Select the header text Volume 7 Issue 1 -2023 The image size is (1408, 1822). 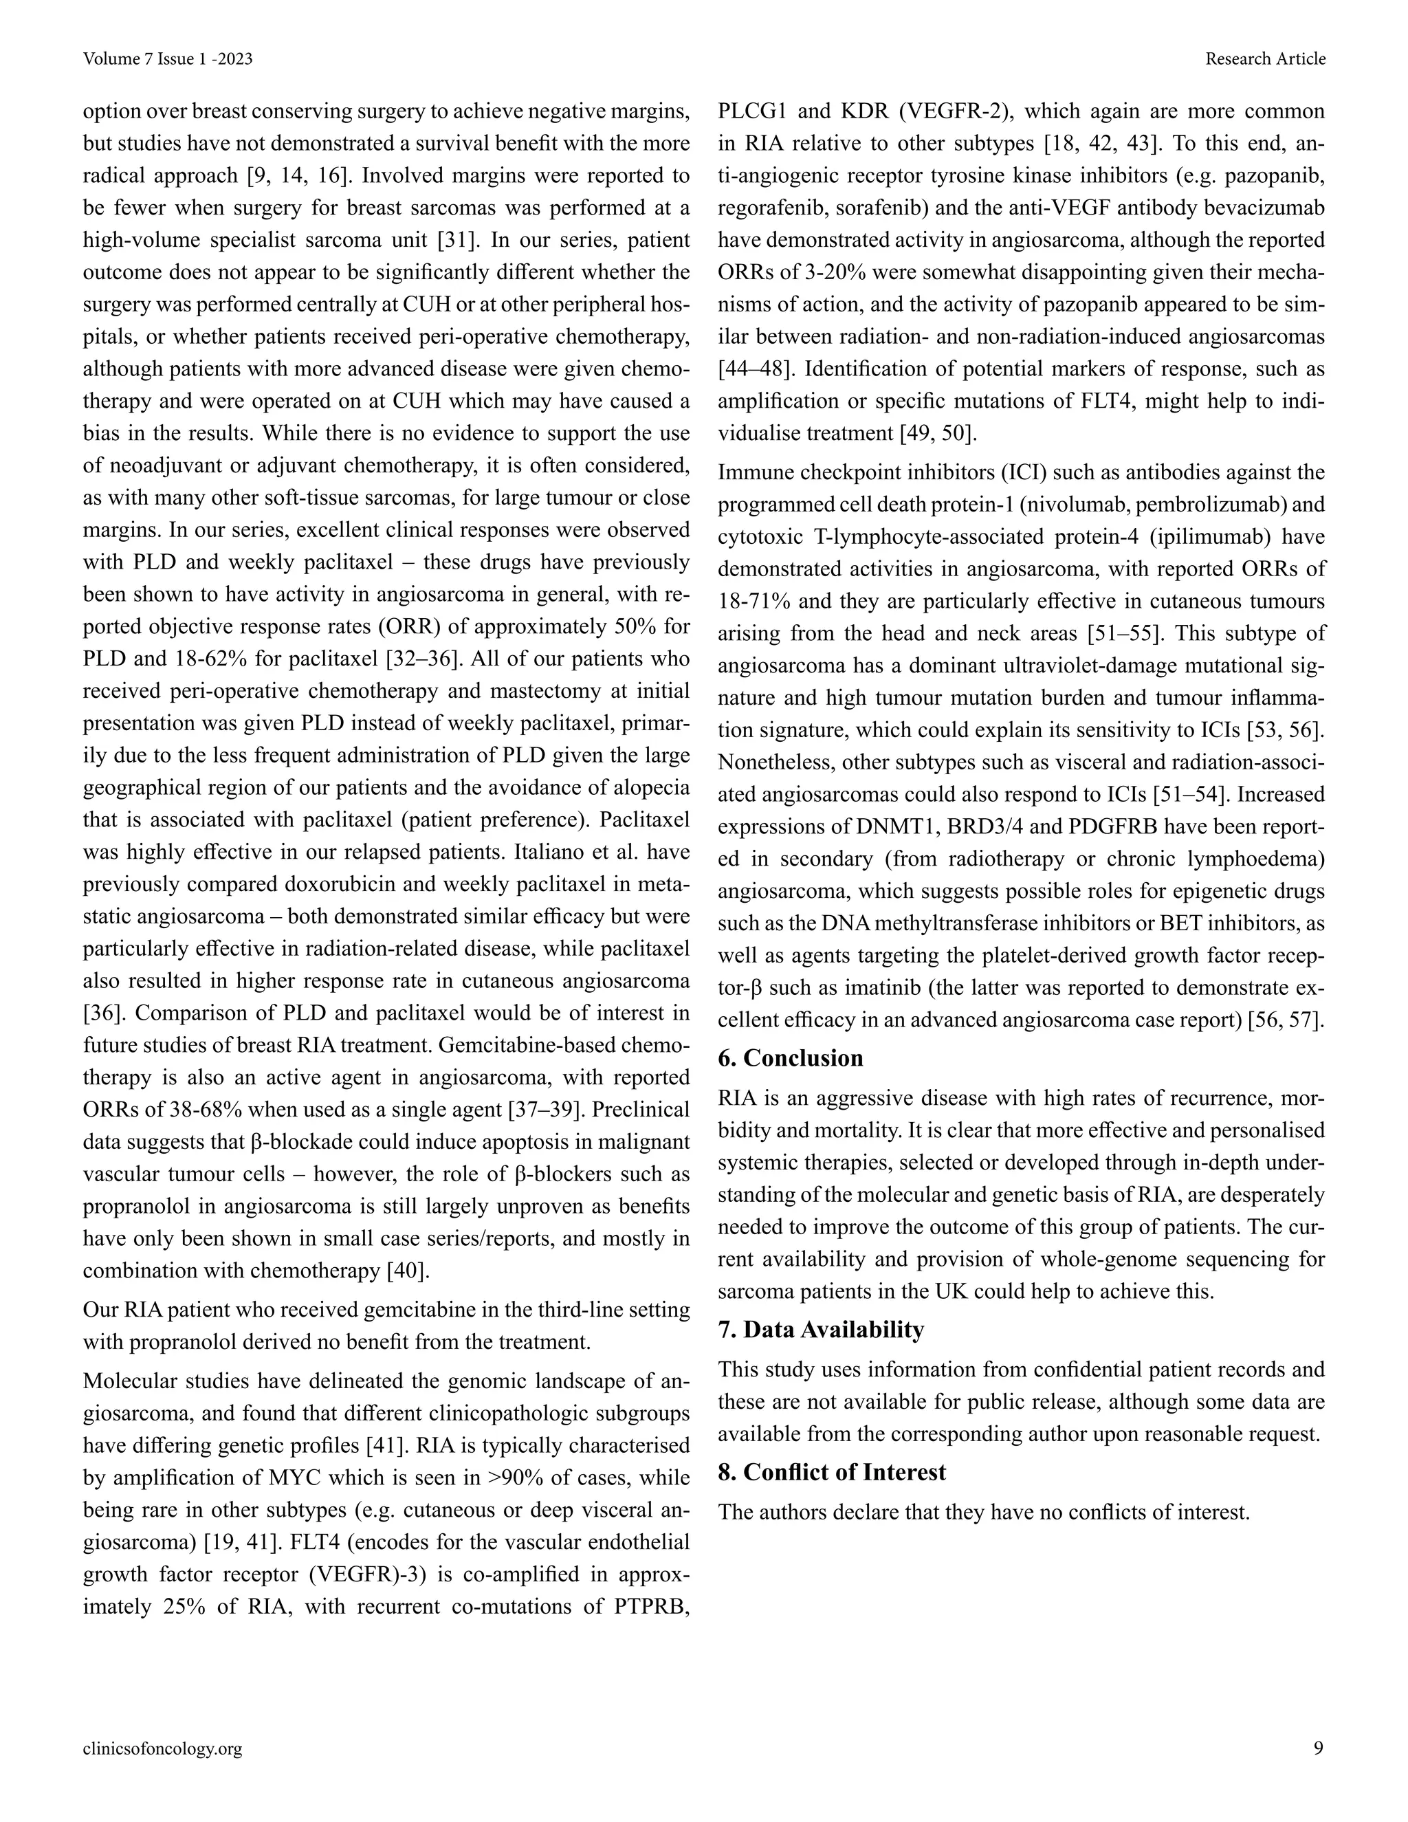(x=168, y=58)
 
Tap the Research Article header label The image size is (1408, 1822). (x=1266, y=58)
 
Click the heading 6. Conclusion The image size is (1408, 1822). (x=791, y=1058)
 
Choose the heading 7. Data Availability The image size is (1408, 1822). (x=821, y=1329)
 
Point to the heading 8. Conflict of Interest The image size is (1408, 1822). (x=832, y=1471)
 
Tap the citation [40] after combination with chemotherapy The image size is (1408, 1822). (x=408, y=1271)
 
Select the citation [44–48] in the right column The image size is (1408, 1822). (x=754, y=369)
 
